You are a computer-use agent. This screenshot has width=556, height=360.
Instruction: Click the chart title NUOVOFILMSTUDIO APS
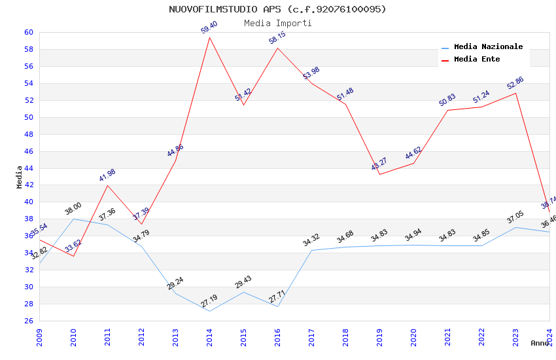[x=277, y=9]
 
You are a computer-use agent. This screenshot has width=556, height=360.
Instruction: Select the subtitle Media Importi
[x=277, y=23]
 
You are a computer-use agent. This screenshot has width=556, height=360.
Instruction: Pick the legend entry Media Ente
[x=476, y=59]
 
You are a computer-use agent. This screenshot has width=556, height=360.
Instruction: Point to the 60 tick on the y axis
[x=29, y=32]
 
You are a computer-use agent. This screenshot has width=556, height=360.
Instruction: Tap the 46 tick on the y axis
[x=29, y=151]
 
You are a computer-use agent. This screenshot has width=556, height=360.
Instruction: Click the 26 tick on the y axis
[x=29, y=321]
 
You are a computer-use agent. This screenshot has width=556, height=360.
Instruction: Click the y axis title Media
[x=20, y=177]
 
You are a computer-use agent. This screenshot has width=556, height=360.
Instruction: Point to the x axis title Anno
[x=540, y=343]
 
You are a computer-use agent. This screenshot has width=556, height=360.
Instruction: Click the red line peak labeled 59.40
[x=209, y=37]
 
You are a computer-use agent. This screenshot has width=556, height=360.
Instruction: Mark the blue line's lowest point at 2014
[x=209, y=311]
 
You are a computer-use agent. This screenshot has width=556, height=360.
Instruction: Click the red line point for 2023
[x=515, y=93]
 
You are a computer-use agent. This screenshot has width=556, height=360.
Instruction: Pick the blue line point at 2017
[x=311, y=250]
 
